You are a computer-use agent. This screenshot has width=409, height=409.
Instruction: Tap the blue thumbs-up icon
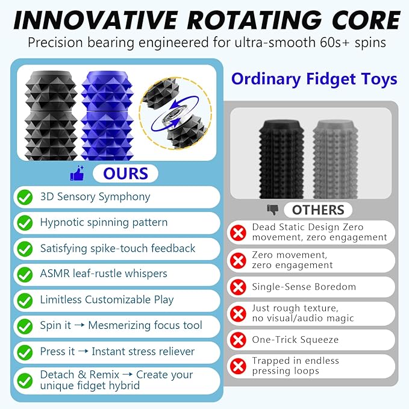77,174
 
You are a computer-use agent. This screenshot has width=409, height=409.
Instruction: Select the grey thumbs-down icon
273,210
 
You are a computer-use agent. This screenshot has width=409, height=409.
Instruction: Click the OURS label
125,173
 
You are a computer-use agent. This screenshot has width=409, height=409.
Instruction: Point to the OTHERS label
318,210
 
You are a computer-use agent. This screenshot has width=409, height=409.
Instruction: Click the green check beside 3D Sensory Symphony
25,197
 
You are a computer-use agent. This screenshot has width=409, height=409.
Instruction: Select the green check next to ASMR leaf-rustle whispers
25,275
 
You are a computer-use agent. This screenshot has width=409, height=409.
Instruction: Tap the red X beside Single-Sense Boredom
239,287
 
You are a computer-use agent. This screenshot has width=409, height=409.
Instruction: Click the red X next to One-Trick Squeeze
239,340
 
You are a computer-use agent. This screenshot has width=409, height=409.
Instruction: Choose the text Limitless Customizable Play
107,299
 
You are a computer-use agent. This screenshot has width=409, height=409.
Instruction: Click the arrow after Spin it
80,326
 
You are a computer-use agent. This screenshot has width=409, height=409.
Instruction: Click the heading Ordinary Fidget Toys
314,79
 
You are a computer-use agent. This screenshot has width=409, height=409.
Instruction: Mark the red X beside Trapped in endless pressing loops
239,366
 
